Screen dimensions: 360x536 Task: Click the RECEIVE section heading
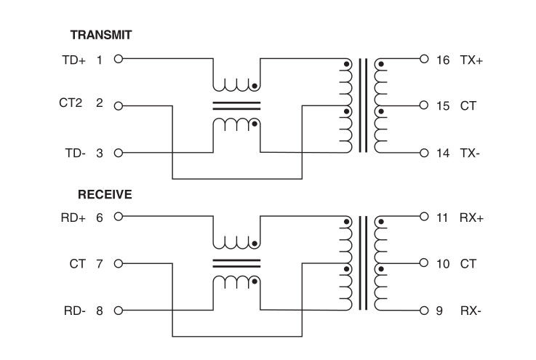[105, 195]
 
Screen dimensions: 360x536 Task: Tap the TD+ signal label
[74, 60]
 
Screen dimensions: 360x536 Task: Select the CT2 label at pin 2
[71, 104]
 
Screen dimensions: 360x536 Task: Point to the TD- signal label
[74, 153]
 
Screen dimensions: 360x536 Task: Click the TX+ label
[471, 60]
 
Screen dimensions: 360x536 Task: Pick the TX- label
[470, 153]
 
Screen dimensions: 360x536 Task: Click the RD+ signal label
[73, 217]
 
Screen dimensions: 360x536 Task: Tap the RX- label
[471, 311]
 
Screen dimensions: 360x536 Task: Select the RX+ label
[471, 217]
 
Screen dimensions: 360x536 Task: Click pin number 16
[443, 60]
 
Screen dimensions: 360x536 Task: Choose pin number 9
[439, 311]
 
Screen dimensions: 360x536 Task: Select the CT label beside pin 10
[468, 263]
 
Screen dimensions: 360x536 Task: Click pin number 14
[443, 153]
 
